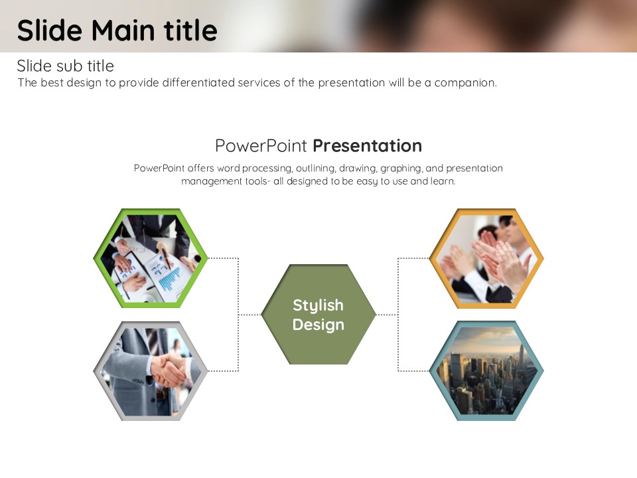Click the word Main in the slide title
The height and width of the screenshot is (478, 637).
[123, 31]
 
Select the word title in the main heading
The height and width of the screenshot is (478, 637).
[190, 31]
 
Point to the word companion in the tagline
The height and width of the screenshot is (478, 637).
[465, 83]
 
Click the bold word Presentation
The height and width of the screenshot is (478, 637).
[367, 145]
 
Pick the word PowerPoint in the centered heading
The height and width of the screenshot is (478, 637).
[261, 145]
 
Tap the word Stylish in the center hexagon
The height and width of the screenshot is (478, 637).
[318, 305]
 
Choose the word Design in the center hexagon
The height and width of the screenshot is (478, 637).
[318, 325]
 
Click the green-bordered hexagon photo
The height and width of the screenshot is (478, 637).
[151, 258]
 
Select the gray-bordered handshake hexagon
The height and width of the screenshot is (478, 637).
[151, 370]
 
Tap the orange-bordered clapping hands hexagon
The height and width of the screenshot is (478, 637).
[486, 258]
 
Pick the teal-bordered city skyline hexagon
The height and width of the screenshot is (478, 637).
[486, 370]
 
